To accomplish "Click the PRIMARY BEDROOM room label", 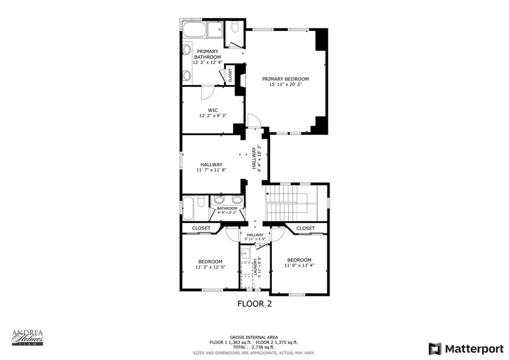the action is tap(285, 79).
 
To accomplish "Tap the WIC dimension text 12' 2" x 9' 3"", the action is tap(213, 115).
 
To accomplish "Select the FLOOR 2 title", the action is tap(254, 304).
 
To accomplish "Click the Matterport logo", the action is tap(466, 349).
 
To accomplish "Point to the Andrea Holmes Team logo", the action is tap(28, 338).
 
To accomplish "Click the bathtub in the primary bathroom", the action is tap(194, 30).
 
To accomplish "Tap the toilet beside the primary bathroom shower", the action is tap(235, 27).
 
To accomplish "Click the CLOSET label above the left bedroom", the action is tap(201, 228).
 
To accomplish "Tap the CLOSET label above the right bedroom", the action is tap(306, 228).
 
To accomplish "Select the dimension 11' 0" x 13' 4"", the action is tap(299, 265).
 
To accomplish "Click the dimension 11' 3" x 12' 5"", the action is tap(210, 267).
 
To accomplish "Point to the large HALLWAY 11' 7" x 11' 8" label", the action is tap(211, 167).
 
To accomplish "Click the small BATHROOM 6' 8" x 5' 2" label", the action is tap(227, 210).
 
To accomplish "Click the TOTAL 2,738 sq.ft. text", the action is tap(254, 347).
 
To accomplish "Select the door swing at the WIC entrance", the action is tap(207, 93).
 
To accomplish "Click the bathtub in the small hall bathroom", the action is tap(189, 208).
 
